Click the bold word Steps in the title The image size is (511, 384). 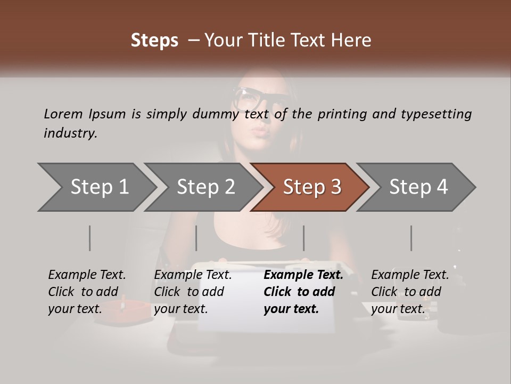(x=154, y=41)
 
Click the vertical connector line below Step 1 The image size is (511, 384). (x=90, y=238)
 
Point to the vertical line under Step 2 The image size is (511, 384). (x=196, y=238)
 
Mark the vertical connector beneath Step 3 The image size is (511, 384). (x=303, y=238)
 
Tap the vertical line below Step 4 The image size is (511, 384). (x=411, y=238)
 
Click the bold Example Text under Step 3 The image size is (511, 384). (x=303, y=275)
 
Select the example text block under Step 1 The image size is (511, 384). (x=87, y=292)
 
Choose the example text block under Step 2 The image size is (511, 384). (x=193, y=292)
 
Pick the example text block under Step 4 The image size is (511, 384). (x=410, y=292)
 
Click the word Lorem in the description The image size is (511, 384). (x=63, y=114)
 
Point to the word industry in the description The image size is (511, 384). (x=70, y=133)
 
